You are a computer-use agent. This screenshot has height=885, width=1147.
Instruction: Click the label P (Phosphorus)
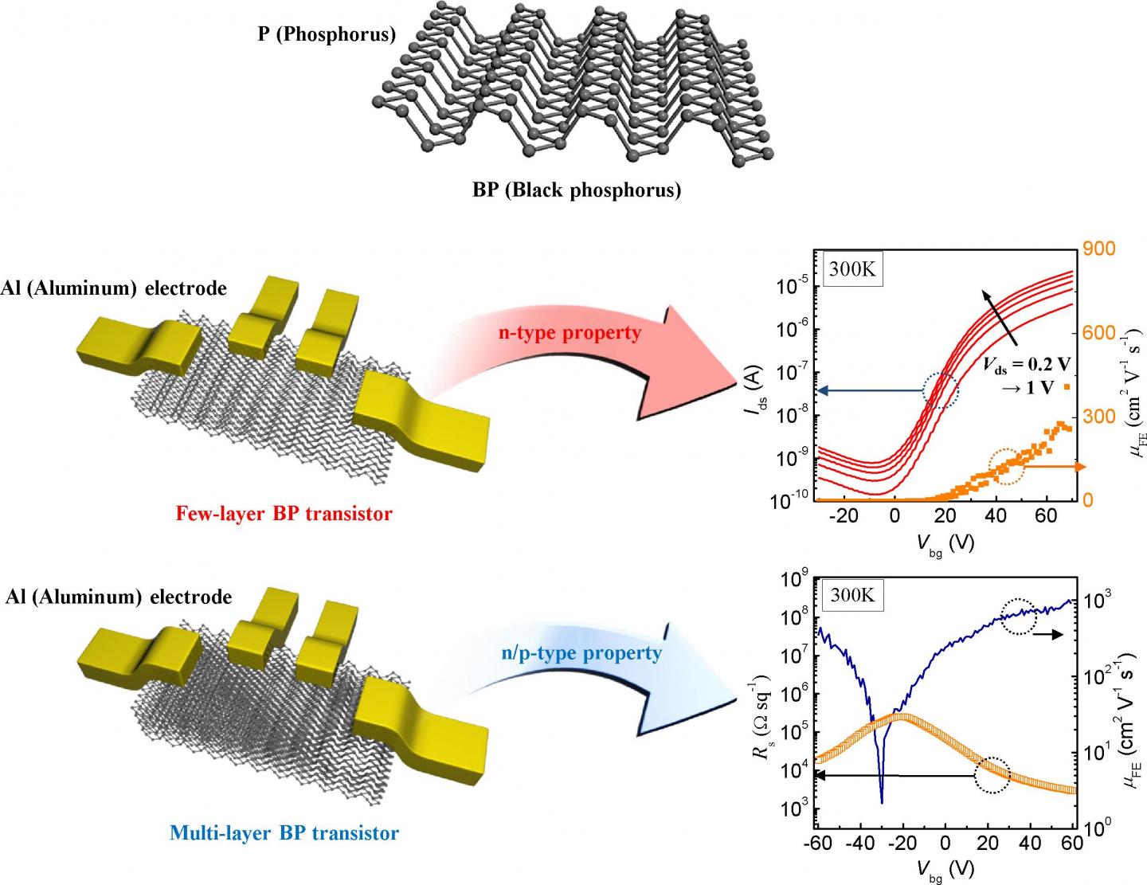click(x=327, y=35)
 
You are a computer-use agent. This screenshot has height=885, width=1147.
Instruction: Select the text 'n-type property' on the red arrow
click(x=570, y=332)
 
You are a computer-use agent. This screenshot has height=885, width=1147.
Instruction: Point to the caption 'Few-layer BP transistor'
click(x=284, y=514)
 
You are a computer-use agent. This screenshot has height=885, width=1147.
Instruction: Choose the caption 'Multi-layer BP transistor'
click(x=284, y=833)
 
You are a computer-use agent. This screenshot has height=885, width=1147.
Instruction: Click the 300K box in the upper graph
click(x=852, y=269)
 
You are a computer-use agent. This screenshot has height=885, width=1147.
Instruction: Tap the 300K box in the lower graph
click(x=852, y=594)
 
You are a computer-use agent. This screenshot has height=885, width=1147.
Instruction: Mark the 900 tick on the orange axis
click(x=1099, y=249)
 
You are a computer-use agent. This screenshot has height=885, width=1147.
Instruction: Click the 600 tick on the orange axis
click(x=1099, y=333)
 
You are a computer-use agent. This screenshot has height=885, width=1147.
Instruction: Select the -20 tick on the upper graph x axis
click(x=844, y=515)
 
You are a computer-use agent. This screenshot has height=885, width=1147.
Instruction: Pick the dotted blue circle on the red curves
click(x=941, y=390)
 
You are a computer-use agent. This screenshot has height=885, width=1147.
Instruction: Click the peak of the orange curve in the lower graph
click(x=899, y=716)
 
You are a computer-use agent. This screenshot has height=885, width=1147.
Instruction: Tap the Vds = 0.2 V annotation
click(x=1026, y=365)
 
